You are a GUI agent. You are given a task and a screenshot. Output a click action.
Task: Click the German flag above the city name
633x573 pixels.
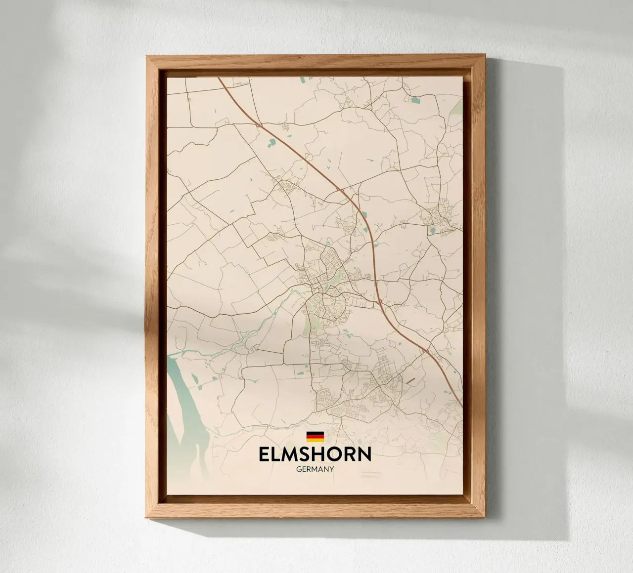pos(315,436)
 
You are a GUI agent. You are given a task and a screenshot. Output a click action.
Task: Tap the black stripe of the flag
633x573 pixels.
pos(315,433)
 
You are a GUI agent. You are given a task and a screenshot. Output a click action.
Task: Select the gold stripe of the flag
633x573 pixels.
pos(315,440)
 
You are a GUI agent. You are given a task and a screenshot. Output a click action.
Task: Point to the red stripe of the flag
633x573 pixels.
pos(315,436)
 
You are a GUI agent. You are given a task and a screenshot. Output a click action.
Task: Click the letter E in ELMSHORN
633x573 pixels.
pos(265,454)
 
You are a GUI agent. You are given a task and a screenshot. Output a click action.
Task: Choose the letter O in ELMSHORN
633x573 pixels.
pos(343,454)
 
